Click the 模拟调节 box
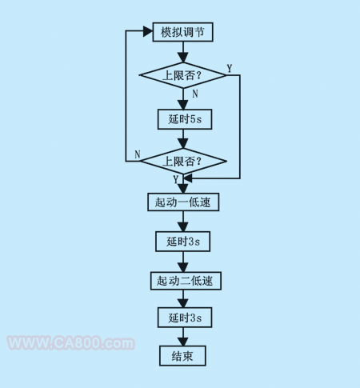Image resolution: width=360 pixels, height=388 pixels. click(182, 32)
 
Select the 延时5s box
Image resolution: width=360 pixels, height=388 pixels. click(185, 119)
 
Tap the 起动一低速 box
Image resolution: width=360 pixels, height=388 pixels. click(183, 202)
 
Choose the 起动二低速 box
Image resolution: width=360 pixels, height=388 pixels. click(186, 281)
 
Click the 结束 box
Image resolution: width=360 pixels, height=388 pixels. click(182, 356)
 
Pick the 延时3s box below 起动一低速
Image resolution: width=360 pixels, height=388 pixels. click(183, 242)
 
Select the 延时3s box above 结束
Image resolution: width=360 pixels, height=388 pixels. click(185, 318)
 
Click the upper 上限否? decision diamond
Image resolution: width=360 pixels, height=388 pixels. click(183, 75)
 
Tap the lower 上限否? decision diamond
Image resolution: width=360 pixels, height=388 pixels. click(183, 161)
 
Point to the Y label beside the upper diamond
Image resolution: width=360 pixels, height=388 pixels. click(230, 69)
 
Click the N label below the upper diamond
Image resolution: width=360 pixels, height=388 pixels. click(195, 94)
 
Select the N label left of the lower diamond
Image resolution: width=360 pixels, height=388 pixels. click(138, 154)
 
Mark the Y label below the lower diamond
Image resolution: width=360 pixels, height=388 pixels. click(175, 179)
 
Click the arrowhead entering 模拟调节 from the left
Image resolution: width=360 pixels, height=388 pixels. click(148, 31)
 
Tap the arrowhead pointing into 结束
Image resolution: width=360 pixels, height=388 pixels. click(183, 342)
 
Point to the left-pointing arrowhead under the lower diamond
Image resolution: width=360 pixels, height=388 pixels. click(188, 178)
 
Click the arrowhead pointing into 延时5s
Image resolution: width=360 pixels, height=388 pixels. click(183, 105)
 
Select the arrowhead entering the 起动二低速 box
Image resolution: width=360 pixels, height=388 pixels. click(183, 267)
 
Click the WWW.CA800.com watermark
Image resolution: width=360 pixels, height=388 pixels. click(71, 343)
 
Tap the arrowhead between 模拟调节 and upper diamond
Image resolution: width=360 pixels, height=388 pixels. click(183, 58)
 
